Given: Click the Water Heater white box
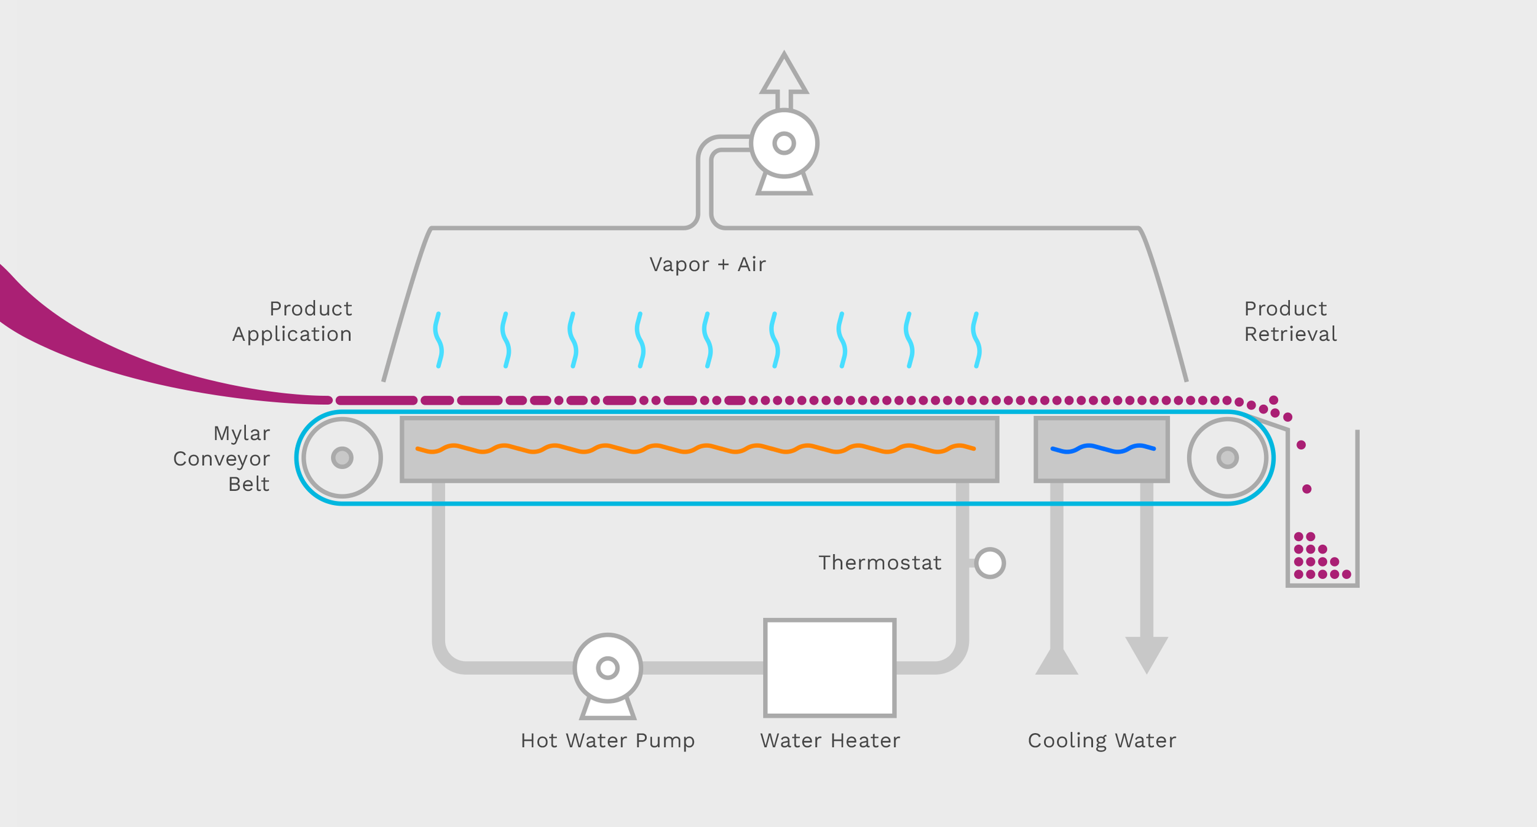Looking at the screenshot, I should point(829,667).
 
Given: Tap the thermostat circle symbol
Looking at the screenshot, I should point(990,563).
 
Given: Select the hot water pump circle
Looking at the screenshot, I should point(607,667).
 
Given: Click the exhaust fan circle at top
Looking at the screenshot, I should point(784,143).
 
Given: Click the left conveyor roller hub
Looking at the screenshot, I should point(342,458).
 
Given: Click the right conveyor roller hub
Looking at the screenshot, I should point(1228,458).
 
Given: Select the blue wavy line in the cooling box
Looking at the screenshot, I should point(1103,449).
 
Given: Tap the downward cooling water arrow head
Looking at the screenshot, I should point(1147,655).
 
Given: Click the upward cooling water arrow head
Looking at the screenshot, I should point(1057,662).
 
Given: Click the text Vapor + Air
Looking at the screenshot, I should point(707,264).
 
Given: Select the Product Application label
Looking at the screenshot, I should point(293,321).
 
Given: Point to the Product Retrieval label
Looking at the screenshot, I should point(1290,321).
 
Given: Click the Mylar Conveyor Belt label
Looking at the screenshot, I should point(222,458).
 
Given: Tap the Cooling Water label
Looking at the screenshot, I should point(1102,740).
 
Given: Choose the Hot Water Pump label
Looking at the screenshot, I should point(607,740).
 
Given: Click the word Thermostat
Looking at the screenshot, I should point(880,563).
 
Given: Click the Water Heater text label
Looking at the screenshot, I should point(829,740).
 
